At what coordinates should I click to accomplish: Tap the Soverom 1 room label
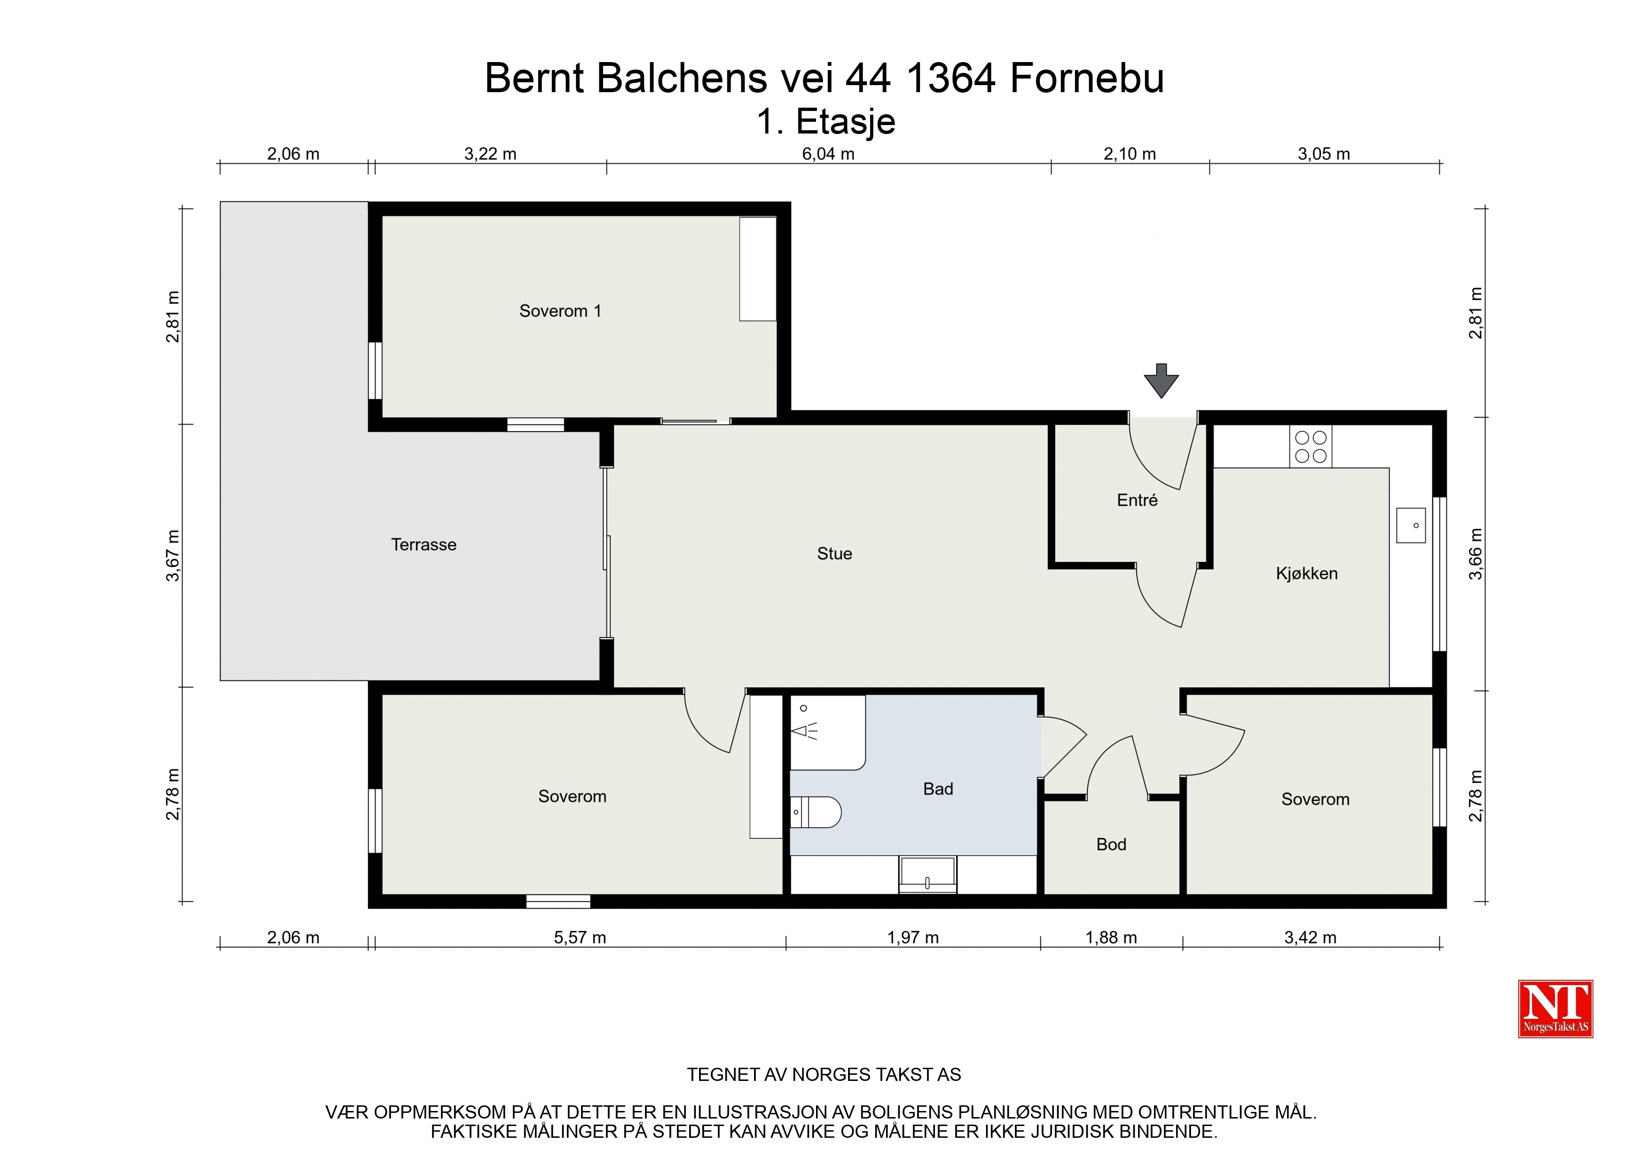pos(560,311)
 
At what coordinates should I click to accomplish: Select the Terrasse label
pos(424,544)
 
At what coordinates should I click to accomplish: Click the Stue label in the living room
pos(834,554)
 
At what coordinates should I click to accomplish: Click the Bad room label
pos(938,789)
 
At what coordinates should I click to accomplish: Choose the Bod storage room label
pos(1111,844)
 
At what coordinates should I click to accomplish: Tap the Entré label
pos(1137,500)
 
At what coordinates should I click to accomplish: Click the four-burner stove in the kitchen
pos(1311,447)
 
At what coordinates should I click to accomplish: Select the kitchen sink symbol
pos(1411,525)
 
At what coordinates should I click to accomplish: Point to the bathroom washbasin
pos(928,874)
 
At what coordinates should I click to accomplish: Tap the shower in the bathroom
pos(827,732)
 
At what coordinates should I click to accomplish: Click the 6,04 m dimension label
pos(828,154)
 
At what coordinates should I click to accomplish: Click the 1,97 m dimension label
pos(913,938)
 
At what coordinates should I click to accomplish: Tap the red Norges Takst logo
pos(1555,1008)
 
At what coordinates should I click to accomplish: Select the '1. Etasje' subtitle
pos(826,121)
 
